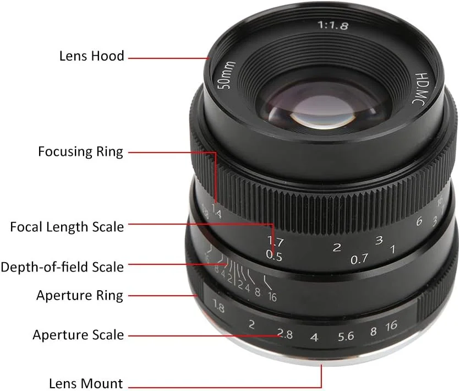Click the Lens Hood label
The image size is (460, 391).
pos(92,56)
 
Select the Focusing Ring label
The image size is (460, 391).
pos(81,152)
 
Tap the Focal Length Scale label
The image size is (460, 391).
pos(67,227)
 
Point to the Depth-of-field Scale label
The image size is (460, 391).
pos(62,267)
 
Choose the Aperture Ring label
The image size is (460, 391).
pos(80,296)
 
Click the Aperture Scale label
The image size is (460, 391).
pos(78,335)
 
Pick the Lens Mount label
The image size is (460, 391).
pos(86,383)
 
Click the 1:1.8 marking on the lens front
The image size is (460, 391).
pos(333,25)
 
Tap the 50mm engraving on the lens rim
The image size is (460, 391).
pos(228,75)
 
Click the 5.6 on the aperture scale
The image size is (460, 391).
pos(346,336)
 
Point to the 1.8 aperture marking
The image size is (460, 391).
pos(218,306)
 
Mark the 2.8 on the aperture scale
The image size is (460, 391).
pos(285,334)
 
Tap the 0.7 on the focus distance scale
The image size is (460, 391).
pos(359,259)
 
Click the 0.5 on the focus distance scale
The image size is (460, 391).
pos(274,256)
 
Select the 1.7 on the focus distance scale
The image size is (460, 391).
pos(276,241)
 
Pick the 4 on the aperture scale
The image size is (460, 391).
pos(314,337)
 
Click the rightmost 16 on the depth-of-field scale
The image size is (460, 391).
pos(272,297)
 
